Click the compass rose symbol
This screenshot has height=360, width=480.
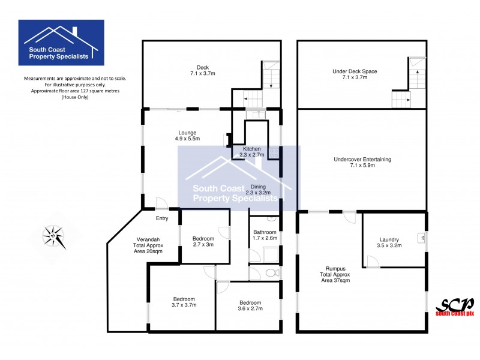tap(55, 235)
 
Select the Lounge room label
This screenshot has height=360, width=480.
tap(187, 136)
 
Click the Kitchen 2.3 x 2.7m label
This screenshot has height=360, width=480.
tap(251, 152)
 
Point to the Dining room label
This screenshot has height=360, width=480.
tap(258, 190)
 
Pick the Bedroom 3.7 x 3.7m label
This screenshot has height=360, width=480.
tap(184, 302)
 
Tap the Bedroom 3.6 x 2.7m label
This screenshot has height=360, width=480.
tap(250, 305)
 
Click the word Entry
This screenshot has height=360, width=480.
tap(162, 218)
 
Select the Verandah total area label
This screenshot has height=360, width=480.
tap(147, 245)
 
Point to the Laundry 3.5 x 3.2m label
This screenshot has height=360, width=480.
tap(389, 242)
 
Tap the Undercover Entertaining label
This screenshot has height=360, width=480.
tap(362, 162)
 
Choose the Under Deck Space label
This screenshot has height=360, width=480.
tap(355, 74)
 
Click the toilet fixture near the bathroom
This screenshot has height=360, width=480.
tap(272, 273)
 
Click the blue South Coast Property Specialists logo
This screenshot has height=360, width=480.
tap(61, 42)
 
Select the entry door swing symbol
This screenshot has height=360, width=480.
tap(161, 203)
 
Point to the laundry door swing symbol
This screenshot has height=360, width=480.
tap(373, 261)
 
